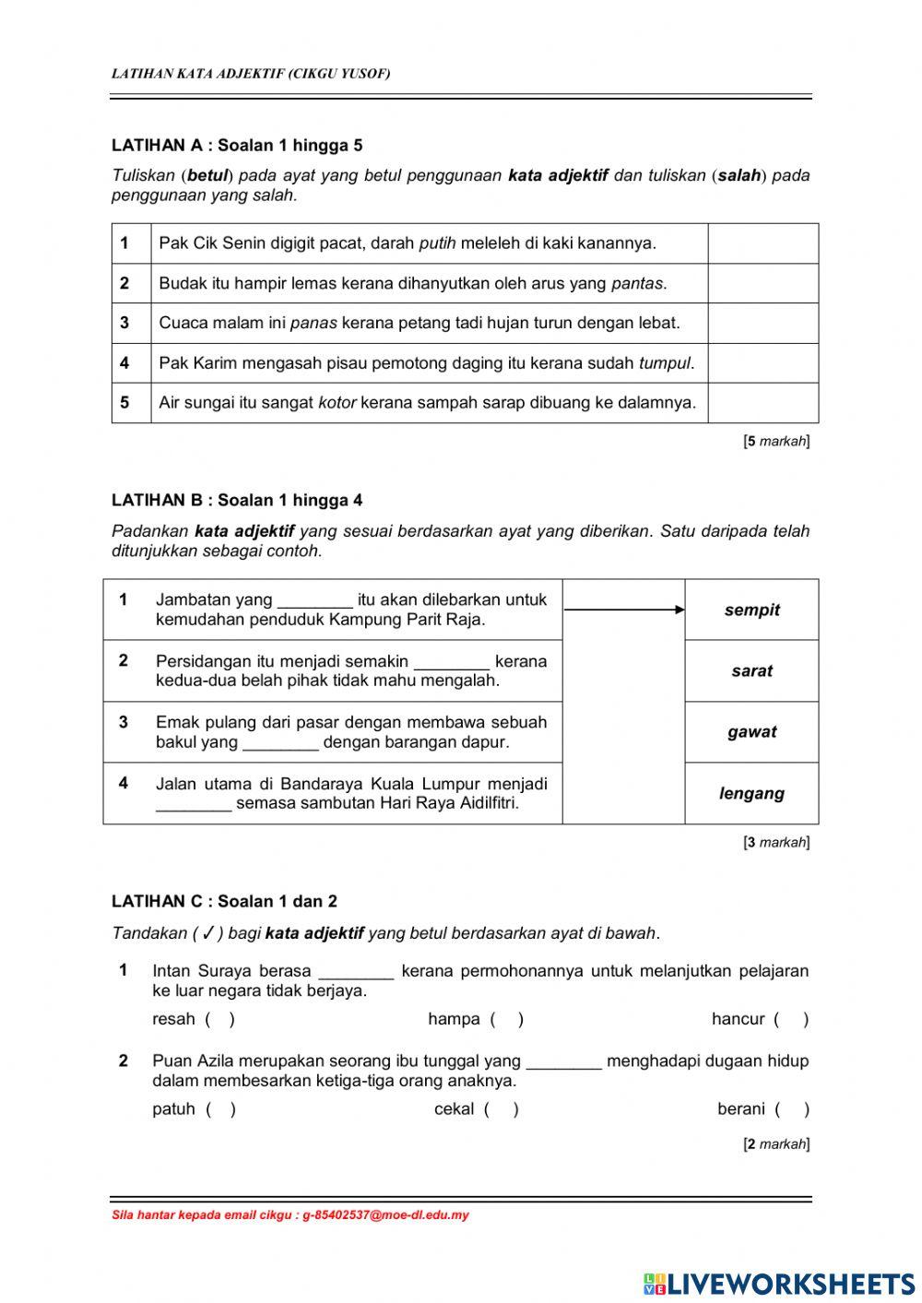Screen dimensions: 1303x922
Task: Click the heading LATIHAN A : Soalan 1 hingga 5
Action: click(237, 145)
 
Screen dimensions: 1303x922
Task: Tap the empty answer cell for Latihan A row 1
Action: click(762, 243)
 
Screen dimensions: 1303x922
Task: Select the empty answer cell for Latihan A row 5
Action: click(762, 403)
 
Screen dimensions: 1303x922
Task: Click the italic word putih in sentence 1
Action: click(437, 243)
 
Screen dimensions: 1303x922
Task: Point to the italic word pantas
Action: click(637, 283)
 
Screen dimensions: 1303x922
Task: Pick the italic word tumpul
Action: click(665, 363)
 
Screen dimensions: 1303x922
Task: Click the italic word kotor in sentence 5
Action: click(337, 403)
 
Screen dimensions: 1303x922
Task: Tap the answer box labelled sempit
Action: click(751, 610)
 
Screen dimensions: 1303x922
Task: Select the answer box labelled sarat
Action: click(751, 671)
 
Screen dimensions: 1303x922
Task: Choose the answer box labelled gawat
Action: click(751, 732)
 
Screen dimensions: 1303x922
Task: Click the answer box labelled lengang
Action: click(751, 793)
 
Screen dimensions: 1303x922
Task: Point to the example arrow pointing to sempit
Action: click(624, 610)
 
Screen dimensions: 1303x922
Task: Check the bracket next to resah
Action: click(219, 1019)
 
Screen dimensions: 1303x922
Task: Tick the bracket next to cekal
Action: click(502, 1109)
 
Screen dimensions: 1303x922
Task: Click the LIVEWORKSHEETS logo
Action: click(779, 1284)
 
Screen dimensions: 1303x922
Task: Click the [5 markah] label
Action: click(776, 442)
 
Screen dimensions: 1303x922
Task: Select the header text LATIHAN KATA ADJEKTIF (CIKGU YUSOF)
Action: click(251, 74)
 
